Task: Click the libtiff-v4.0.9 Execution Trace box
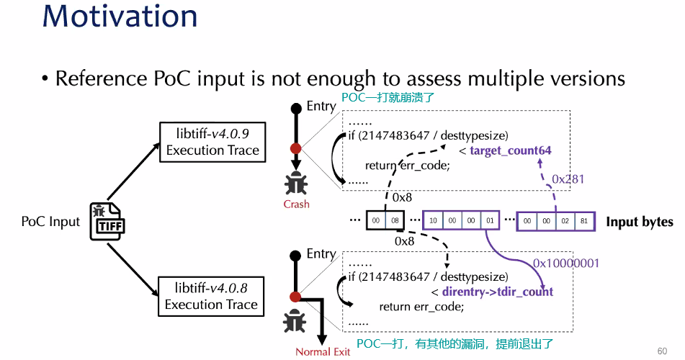pyautogui.click(x=212, y=142)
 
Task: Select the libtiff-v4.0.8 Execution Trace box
pyautogui.click(x=211, y=296)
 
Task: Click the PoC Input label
pyautogui.click(x=50, y=221)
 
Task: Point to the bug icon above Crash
pyautogui.click(x=295, y=184)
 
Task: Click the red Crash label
pyautogui.click(x=296, y=204)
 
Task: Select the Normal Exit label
pyautogui.click(x=323, y=351)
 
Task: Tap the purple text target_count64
pyautogui.click(x=510, y=150)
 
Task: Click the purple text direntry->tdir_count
pyautogui.click(x=498, y=291)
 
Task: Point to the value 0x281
pyautogui.click(x=568, y=178)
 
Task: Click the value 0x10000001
pyautogui.click(x=566, y=264)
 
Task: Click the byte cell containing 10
pyautogui.click(x=433, y=220)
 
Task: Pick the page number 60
pyautogui.click(x=662, y=351)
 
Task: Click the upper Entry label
pyautogui.click(x=321, y=107)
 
